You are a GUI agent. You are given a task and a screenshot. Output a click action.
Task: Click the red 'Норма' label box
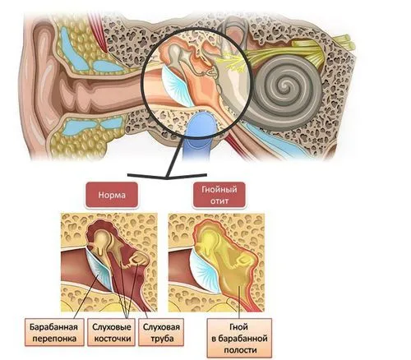[112, 195]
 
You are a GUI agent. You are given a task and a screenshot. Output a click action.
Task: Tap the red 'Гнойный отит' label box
[219, 195]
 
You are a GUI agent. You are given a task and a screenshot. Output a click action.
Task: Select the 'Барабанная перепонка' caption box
[54, 332]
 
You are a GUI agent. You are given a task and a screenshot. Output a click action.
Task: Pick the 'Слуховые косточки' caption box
[112, 332]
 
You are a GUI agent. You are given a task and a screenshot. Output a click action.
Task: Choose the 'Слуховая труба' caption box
[161, 332]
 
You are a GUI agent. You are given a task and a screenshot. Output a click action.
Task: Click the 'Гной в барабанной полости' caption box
[239, 338]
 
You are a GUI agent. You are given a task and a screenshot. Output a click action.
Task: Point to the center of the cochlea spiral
[287, 85]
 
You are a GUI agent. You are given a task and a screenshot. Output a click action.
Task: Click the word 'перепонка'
[54, 339]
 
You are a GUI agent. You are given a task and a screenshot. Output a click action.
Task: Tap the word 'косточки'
[113, 339]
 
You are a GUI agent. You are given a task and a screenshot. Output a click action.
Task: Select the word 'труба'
[162, 339]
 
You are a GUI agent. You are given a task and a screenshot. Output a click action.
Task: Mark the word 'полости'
[240, 350]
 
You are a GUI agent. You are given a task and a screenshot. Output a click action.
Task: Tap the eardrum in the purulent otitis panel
[206, 270]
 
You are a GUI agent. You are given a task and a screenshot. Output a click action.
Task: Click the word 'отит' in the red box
[219, 201]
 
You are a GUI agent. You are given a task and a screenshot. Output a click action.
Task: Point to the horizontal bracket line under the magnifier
[167, 176]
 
